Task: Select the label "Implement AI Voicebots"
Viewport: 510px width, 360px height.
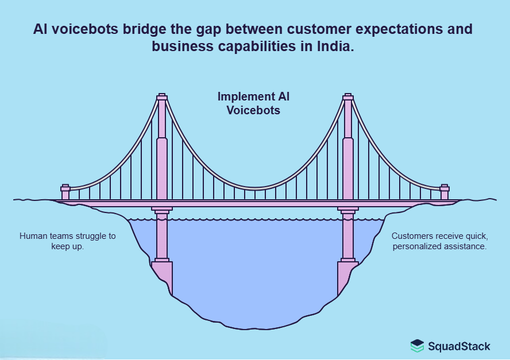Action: (253, 103)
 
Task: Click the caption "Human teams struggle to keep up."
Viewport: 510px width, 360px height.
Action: (68, 241)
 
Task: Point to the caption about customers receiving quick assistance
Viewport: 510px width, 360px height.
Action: (439, 241)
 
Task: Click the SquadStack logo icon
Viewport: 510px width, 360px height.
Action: (417, 346)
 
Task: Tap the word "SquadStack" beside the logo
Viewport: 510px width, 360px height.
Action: (459, 346)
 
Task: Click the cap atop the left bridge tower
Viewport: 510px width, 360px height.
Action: (162, 96)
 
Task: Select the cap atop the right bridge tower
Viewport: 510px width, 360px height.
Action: (347, 96)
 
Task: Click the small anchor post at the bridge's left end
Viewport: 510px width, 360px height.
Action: (65, 192)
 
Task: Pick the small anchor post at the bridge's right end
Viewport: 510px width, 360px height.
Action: (444, 192)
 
